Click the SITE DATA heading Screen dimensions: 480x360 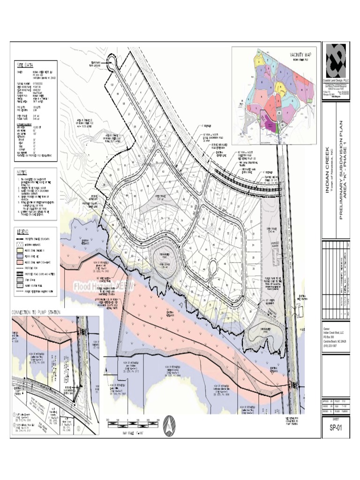26,65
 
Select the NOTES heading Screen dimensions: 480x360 23,172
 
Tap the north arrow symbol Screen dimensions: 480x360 167,427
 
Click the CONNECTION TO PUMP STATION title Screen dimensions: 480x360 42,312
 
